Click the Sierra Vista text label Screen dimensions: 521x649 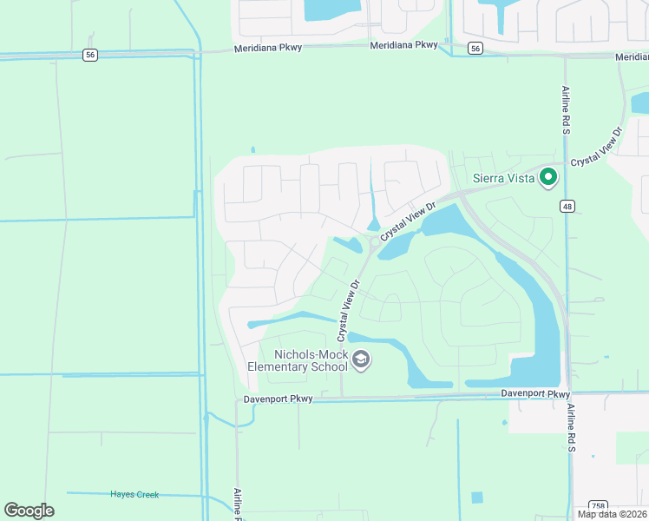point(502,178)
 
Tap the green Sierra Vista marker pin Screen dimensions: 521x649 point(547,177)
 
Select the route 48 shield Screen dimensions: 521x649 point(567,206)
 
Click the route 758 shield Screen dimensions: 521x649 point(597,505)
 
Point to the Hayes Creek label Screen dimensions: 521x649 point(134,494)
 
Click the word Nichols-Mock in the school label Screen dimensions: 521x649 point(311,354)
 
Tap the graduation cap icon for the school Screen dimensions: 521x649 point(362,359)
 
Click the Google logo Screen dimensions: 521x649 point(29,511)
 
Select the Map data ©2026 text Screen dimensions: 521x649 point(612,514)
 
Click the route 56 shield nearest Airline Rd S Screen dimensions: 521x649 point(474,49)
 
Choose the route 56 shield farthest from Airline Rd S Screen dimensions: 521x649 point(90,54)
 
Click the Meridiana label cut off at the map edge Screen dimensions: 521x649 point(631,56)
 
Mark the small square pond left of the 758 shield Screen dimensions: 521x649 point(476,498)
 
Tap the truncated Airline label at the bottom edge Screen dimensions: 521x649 point(237,504)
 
